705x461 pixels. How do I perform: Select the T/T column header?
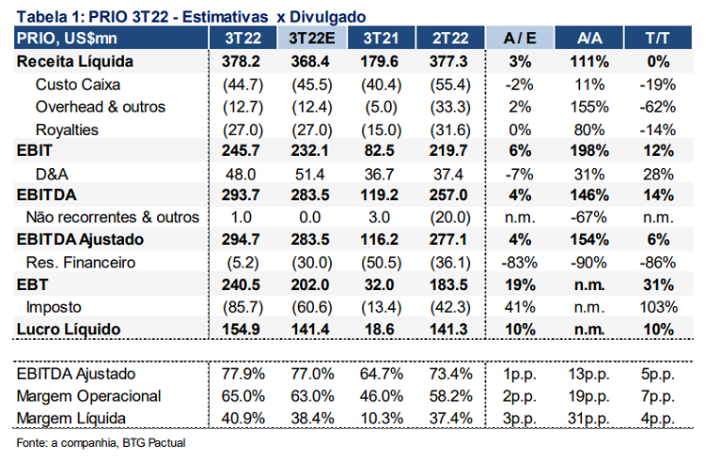click(x=657, y=38)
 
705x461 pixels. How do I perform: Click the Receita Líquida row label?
click(x=74, y=62)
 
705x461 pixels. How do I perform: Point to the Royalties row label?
click(x=67, y=129)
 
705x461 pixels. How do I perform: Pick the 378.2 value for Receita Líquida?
click(x=243, y=62)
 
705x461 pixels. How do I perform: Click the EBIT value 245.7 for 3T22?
click(x=243, y=150)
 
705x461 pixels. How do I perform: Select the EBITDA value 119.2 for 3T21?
click(x=380, y=195)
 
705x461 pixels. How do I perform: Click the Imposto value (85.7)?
click(x=242, y=306)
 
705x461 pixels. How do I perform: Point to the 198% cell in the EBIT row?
click(x=589, y=150)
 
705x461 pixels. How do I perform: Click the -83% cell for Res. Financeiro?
click(x=519, y=262)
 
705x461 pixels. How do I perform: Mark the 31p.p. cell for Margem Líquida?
click(x=589, y=418)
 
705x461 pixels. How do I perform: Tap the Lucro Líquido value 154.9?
click(x=243, y=329)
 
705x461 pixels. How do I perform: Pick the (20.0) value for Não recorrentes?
click(x=448, y=217)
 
